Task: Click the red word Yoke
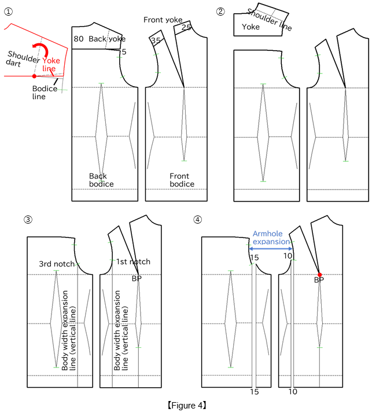[x=51, y=61]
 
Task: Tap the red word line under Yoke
[x=49, y=69]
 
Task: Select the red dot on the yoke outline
[x=34, y=76]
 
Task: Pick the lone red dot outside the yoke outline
[x=320, y=274]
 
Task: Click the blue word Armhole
[x=267, y=233]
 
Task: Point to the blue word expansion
[x=271, y=242]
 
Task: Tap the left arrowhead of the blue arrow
[x=251, y=248]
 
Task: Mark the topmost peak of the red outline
[x=11, y=24]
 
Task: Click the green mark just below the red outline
[x=62, y=90]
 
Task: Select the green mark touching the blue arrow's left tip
[x=248, y=245]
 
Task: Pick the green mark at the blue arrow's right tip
[x=293, y=242]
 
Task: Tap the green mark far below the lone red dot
[x=319, y=348]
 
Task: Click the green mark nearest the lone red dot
[x=294, y=260]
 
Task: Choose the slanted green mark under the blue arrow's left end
[x=251, y=265]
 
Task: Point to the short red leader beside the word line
[x=52, y=73]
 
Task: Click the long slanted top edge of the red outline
[x=39, y=36]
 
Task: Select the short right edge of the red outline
[x=65, y=62]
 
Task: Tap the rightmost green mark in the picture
[x=346, y=161]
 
